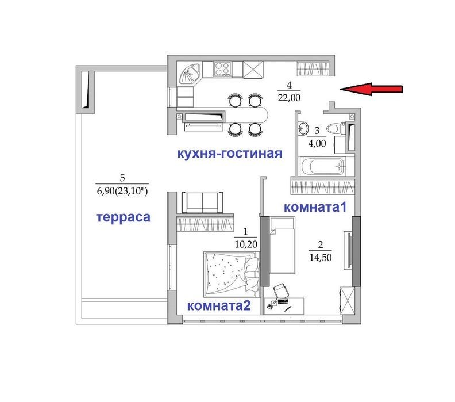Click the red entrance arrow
[371, 89]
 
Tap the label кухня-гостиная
[230, 154]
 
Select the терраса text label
[123, 217]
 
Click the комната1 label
[315, 208]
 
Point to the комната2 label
[219, 305]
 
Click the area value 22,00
[289, 98]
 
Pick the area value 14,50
[321, 257]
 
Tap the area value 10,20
[246, 244]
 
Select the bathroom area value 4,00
[317, 143]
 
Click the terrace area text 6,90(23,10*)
[122, 191]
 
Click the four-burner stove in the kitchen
[222, 70]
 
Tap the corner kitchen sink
[188, 74]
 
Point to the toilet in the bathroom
[335, 128]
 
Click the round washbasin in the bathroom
[303, 128]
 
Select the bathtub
[322, 167]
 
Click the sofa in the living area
[202, 203]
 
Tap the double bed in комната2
[232, 274]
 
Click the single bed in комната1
[282, 246]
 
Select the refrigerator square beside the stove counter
[253, 70]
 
